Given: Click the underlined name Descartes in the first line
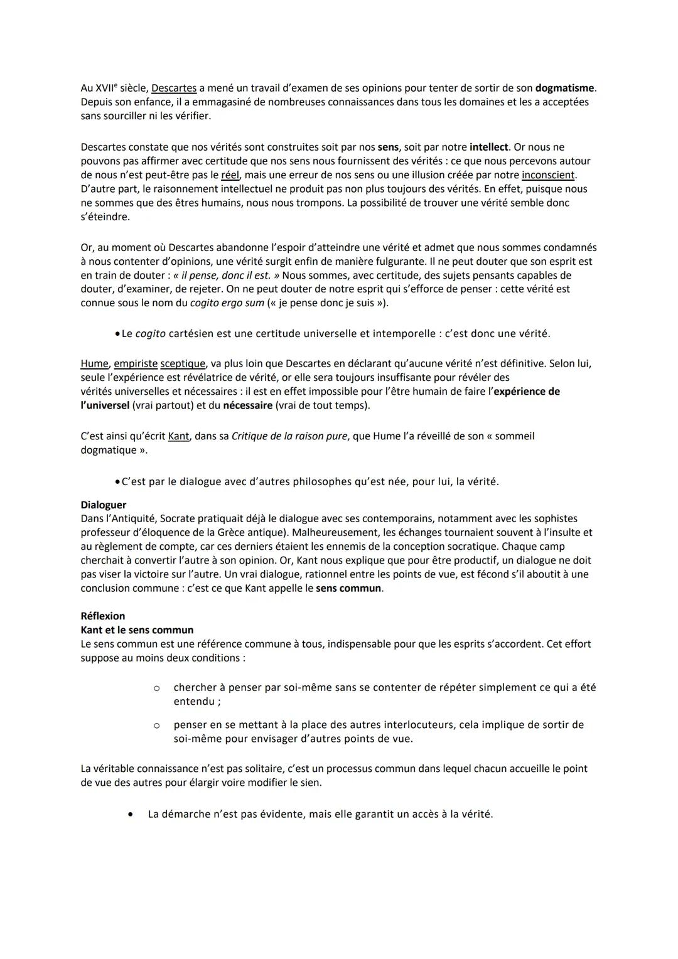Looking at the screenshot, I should (x=174, y=88).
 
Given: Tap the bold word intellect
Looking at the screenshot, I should (x=488, y=147).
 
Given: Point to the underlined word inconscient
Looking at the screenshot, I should (x=548, y=175).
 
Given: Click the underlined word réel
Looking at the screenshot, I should (x=230, y=175).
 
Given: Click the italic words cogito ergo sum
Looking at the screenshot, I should (x=227, y=303).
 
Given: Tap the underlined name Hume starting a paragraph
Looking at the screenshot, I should (x=94, y=363).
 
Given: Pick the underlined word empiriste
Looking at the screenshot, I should (x=136, y=363).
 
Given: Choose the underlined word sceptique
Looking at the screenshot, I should (x=183, y=363).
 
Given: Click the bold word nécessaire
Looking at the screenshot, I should (x=247, y=405).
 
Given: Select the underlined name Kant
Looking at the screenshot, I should (x=178, y=436).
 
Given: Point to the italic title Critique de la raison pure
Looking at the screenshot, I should (x=289, y=436).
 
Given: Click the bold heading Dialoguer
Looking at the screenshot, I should (x=103, y=505).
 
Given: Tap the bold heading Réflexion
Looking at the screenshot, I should (x=102, y=616).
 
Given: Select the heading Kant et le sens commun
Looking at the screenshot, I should (x=137, y=630).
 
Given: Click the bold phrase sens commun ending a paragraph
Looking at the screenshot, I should (x=348, y=588).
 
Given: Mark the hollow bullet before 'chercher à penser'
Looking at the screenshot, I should (x=156, y=688).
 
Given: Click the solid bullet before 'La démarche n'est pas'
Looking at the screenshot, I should (x=130, y=815).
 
